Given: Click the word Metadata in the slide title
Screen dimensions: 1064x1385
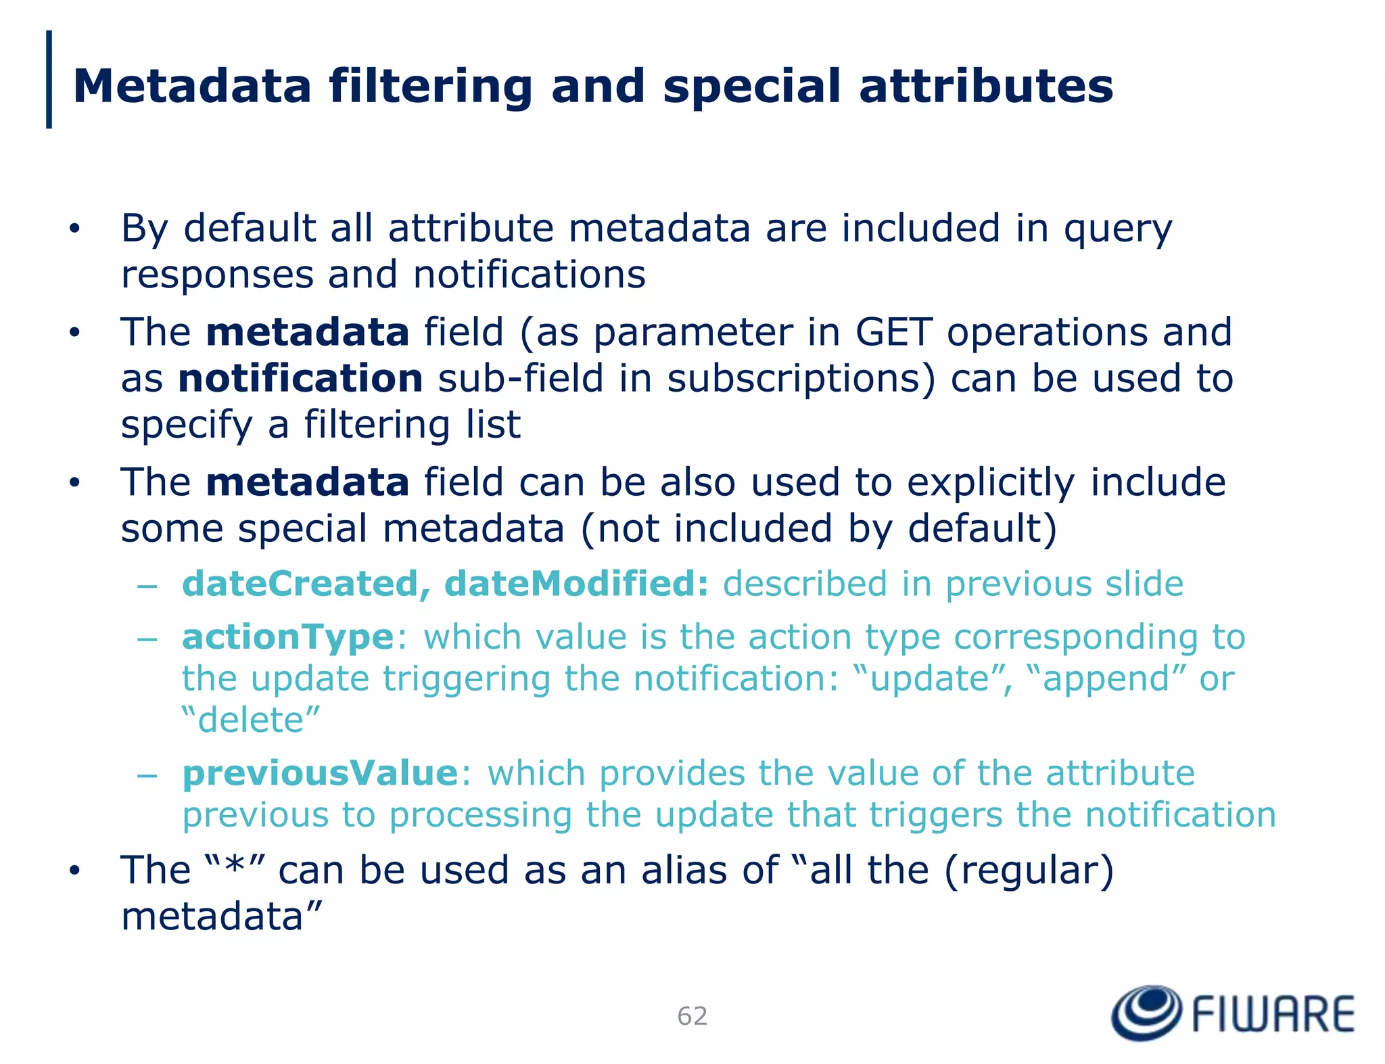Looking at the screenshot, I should point(192,86).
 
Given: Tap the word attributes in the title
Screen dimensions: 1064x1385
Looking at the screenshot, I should point(986,86).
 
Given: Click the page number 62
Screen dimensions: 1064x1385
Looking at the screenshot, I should point(692,1016).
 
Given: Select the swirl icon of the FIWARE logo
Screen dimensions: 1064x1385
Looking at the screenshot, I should point(1146,1012).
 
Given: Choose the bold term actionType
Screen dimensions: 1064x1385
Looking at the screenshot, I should point(288,637).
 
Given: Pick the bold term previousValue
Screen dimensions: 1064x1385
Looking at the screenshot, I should point(321,772).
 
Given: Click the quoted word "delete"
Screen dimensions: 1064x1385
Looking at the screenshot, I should point(251,720).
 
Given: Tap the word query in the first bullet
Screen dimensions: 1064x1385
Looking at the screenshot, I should point(1118,229).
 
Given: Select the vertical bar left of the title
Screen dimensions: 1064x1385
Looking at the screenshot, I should point(49,79).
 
